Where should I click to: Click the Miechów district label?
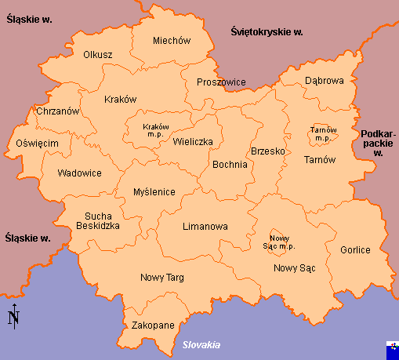pos(172,41)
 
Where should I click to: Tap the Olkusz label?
pos(98,55)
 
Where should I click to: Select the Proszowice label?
pos(222,82)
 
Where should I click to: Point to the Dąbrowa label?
pos(325,81)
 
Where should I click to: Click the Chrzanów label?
pos(58,111)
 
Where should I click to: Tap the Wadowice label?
pos(79,173)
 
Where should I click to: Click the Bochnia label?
pos(230,165)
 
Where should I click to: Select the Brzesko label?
pos(267,151)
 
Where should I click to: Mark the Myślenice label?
pos(154,191)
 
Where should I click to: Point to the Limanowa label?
pos(205,227)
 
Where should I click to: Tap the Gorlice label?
pos(355,250)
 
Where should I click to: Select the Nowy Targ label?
pos(162,278)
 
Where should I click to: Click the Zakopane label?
pos(152,325)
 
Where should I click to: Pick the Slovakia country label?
pos(201,345)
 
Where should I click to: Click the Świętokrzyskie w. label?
pos(267,32)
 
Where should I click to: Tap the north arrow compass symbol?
pos(13,315)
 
